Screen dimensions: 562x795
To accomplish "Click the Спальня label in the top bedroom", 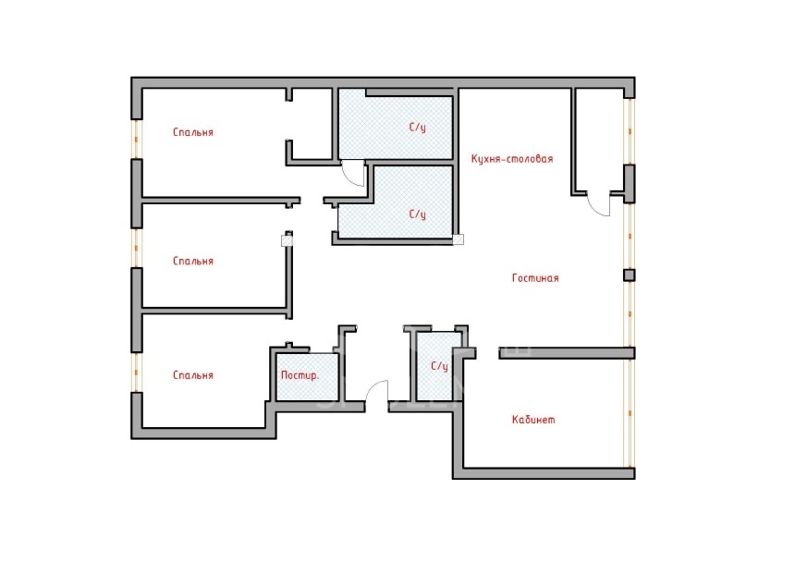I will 193,132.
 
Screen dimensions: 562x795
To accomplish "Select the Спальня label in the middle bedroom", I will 193,262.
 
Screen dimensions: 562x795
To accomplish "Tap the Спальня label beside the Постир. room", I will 193,376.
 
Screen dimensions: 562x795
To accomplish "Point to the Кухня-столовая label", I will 512,159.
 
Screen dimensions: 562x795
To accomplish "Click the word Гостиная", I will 535,278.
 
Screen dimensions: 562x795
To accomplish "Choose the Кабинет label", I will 533,421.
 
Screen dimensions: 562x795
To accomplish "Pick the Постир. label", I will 300,376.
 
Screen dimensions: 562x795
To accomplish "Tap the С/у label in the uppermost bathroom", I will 418,126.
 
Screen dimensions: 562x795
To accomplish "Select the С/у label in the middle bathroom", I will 418,214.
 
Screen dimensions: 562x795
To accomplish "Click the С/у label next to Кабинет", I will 440,367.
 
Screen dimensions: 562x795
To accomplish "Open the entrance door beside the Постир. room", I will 376,395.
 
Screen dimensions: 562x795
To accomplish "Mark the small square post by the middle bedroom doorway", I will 287,240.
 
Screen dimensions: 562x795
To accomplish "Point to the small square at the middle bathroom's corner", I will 459,239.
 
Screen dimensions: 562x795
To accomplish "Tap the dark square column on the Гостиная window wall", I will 629,275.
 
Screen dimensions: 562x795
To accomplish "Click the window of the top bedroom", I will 137,139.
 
